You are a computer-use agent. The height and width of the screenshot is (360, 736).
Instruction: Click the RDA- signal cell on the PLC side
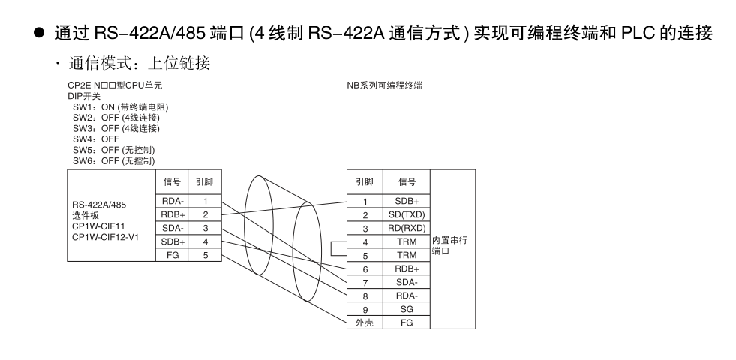coord(173,201)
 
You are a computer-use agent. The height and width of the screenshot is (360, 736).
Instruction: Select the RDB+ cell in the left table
coord(173,215)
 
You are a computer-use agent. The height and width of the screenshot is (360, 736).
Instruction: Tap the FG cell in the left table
coord(173,255)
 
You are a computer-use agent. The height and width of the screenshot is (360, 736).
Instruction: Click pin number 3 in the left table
coord(205,229)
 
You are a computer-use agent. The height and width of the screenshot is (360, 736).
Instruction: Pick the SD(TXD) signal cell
coord(407,215)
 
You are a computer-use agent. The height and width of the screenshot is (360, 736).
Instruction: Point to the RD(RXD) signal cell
coord(407,229)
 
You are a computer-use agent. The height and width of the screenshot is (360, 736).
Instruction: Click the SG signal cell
coord(407,309)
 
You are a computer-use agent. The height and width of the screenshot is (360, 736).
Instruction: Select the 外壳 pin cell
coord(365,322)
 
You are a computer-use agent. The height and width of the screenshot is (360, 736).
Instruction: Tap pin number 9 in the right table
coord(365,309)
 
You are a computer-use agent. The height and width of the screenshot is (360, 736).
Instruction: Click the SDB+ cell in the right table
coord(407,201)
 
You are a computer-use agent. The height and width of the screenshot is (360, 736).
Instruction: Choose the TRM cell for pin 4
coord(407,242)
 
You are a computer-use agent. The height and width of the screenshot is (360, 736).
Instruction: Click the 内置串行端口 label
coord(449,245)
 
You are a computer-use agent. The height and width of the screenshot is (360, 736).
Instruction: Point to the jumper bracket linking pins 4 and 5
coord(331,249)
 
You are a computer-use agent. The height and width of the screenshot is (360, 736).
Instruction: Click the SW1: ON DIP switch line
coord(120,107)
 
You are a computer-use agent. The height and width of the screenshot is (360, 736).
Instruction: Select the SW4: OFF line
coord(96,139)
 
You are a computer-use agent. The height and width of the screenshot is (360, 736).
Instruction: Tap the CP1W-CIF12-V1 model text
coord(105,237)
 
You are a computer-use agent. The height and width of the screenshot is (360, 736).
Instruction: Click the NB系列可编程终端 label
coord(384,85)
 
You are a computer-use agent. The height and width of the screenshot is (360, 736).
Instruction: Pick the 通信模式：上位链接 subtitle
coord(140,63)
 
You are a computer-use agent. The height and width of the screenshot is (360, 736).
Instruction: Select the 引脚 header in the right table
coord(365,182)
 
